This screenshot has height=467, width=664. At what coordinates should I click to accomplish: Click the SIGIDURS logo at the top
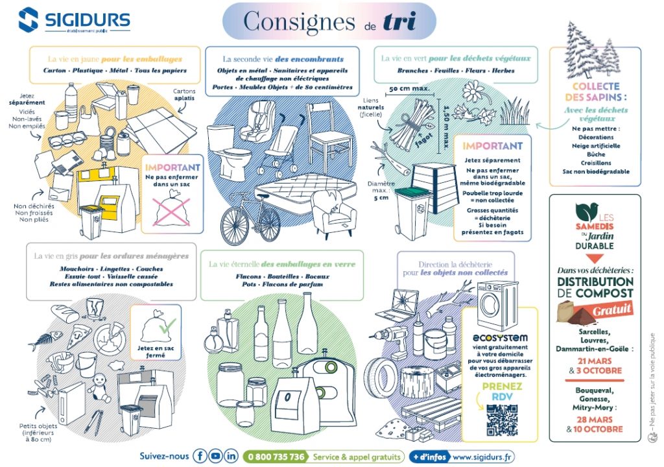click(x=74, y=20)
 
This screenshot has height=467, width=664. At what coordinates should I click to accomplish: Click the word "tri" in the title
click(x=399, y=21)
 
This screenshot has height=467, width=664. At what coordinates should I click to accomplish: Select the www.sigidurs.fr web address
click(x=483, y=457)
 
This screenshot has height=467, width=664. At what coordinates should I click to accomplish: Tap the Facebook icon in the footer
click(x=200, y=456)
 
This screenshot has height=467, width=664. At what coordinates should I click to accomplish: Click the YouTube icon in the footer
click(x=216, y=456)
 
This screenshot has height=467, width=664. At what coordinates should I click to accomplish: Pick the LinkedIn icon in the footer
click(x=231, y=456)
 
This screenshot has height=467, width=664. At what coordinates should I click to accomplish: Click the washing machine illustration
click(x=497, y=304)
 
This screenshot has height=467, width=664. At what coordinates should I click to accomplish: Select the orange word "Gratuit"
click(x=613, y=310)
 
